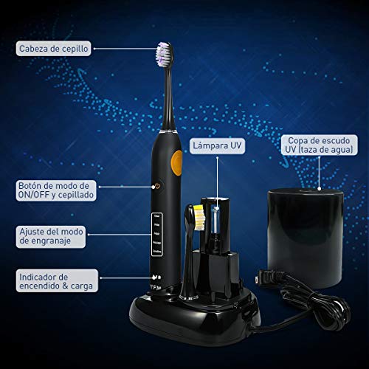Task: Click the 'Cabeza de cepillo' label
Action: [x=55, y=49]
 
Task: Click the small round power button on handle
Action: [x=156, y=187]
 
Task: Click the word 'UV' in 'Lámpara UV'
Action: [x=235, y=146]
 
